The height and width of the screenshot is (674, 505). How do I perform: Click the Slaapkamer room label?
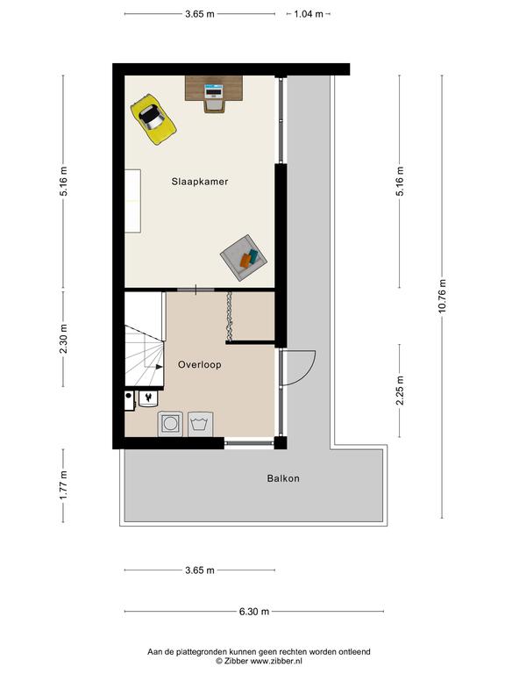[x=200, y=182]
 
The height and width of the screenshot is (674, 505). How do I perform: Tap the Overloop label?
[x=200, y=364]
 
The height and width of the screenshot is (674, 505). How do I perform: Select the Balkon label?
[x=283, y=478]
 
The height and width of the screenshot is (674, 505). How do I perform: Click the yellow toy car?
[x=153, y=119]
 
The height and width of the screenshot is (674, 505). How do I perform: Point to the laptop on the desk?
[x=214, y=91]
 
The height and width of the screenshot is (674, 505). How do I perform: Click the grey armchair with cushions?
[x=244, y=258]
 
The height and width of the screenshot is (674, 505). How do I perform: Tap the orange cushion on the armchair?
[x=245, y=261]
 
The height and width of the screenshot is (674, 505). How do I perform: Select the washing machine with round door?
[x=170, y=424]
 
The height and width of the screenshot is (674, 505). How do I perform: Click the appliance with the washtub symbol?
[x=200, y=424]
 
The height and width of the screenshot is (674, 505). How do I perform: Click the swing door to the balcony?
[x=298, y=368]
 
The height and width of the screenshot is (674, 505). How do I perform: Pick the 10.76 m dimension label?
[x=442, y=296]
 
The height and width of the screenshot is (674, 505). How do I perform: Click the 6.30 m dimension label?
[x=254, y=611]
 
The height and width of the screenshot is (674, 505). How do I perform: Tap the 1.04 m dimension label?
[x=309, y=14]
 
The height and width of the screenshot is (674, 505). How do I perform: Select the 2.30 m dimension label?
[x=63, y=339]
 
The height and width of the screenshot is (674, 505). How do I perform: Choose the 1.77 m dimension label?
[x=63, y=485]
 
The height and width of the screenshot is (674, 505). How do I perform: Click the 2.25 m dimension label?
[x=400, y=391]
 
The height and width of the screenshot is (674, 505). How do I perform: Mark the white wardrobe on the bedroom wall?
[x=132, y=201]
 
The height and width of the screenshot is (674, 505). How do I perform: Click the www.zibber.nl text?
[x=276, y=661]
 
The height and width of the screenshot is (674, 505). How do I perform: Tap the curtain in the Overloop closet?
[x=230, y=316]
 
